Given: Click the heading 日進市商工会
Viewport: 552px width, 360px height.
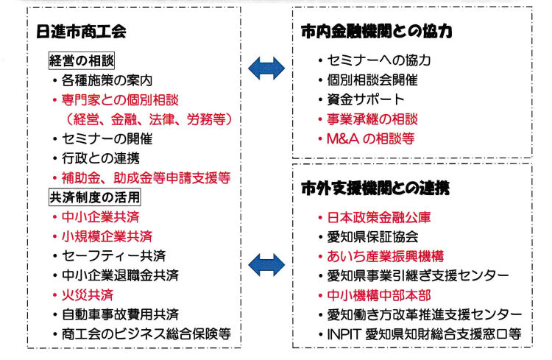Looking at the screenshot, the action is [x=81, y=32].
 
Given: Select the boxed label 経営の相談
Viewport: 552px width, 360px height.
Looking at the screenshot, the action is [x=81, y=61].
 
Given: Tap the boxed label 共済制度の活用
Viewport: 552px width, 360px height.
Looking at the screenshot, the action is [x=95, y=197].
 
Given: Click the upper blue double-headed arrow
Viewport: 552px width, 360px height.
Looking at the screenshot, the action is [x=266, y=68].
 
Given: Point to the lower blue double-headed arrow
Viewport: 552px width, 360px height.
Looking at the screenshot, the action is [x=266, y=265].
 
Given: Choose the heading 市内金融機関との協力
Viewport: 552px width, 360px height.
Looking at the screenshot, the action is [x=377, y=32].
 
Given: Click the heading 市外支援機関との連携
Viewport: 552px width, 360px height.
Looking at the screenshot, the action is [x=375, y=188].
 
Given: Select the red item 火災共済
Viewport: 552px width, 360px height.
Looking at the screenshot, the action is [x=88, y=294].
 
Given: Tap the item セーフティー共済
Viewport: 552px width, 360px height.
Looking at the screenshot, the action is [x=113, y=255].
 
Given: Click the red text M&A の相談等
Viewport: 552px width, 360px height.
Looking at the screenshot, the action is [x=371, y=139].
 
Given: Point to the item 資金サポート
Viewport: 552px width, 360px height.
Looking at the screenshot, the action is [x=366, y=99].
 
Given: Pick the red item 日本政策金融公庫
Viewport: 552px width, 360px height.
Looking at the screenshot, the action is [x=379, y=217].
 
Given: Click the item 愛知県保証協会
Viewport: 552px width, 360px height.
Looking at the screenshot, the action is [x=372, y=237].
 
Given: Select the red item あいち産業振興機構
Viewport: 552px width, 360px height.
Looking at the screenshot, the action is [x=386, y=256].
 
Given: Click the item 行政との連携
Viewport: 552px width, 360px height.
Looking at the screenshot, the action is [x=101, y=158].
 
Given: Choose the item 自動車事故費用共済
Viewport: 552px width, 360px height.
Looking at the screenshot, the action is [x=121, y=314].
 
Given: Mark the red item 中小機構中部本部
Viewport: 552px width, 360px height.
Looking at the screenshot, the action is [x=379, y=295].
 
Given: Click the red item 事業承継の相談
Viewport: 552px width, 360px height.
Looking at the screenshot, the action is [x=372, y=119].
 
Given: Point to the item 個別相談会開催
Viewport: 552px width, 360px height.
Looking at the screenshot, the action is [x=372, y=80].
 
